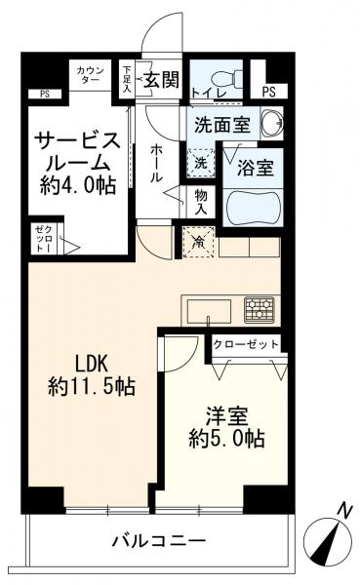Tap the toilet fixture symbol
pos(220,76)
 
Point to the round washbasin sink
pos(270,125)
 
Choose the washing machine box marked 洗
pos(200,162)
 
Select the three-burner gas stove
pos(259,310)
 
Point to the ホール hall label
pos(158,164)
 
